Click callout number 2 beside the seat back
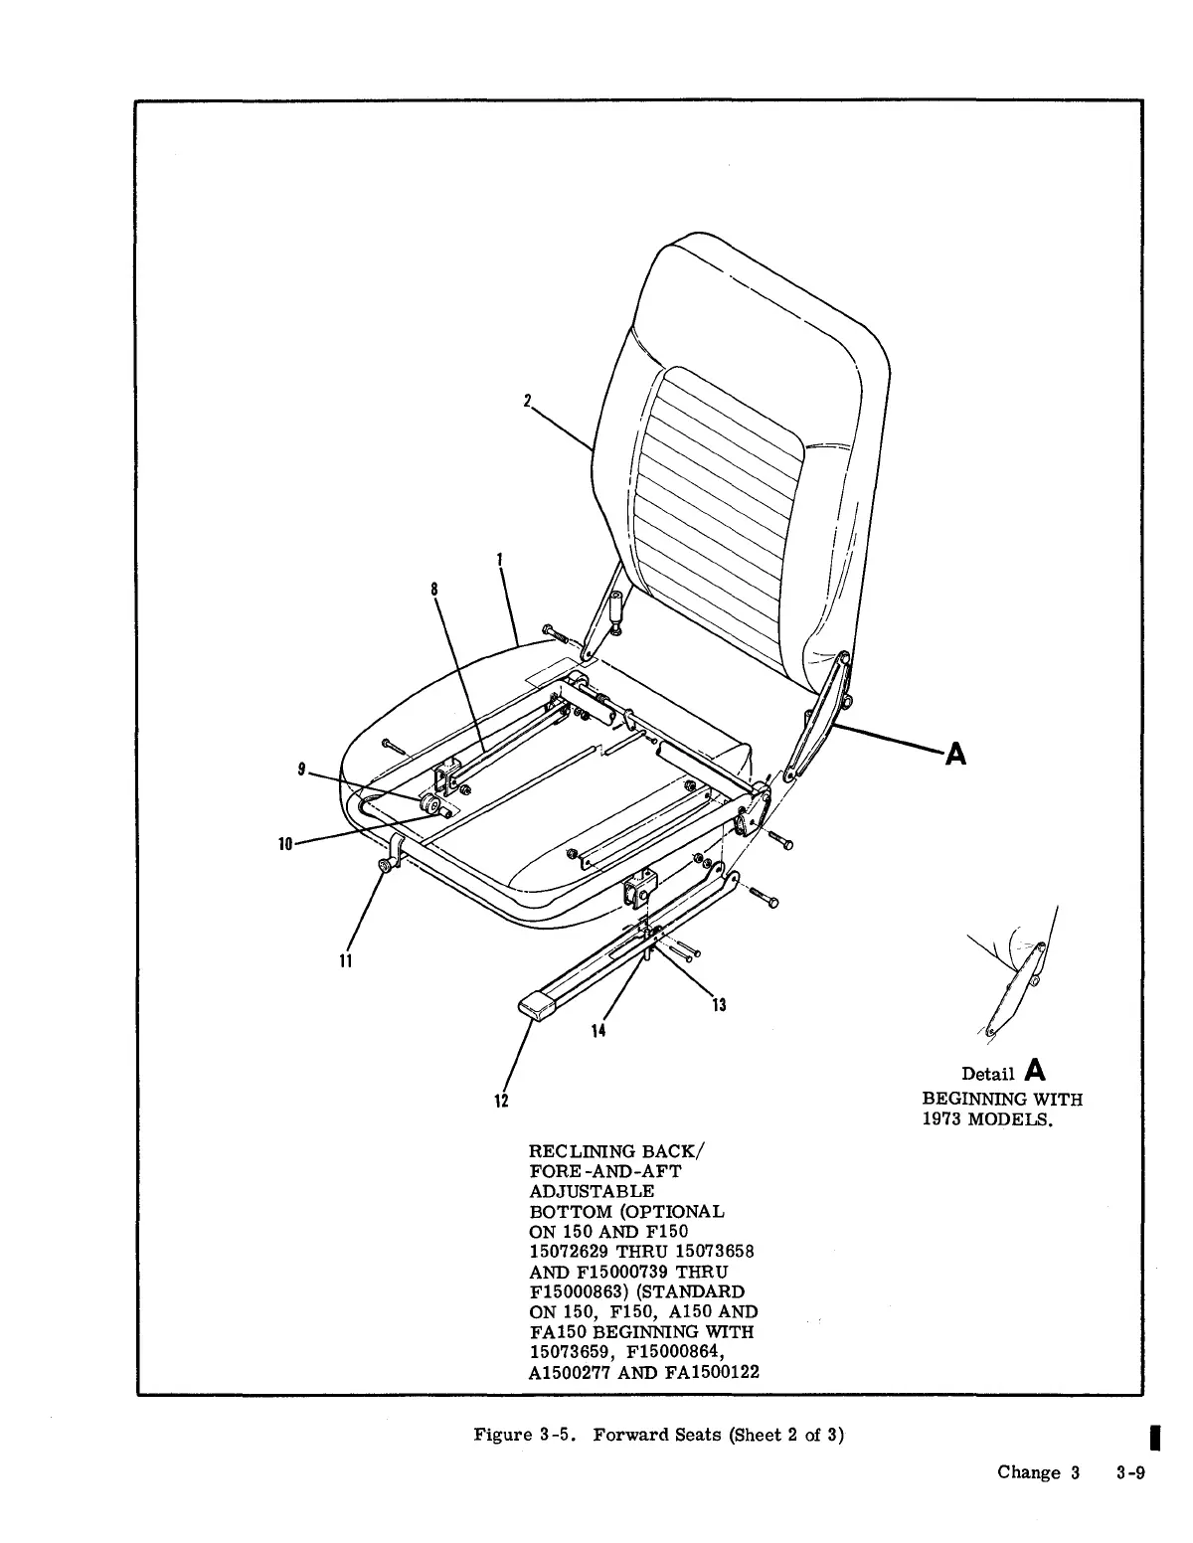[x=528, y=401]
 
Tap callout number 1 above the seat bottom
[x=499, y=560]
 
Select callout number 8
[x=434, y=589]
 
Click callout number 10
[x=285, y=844]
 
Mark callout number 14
[x=597, y=1031]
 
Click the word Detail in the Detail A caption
[x=987, y=1074]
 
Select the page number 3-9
[x=1130, y=1473]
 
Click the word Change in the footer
[x=1029, y=1473]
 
